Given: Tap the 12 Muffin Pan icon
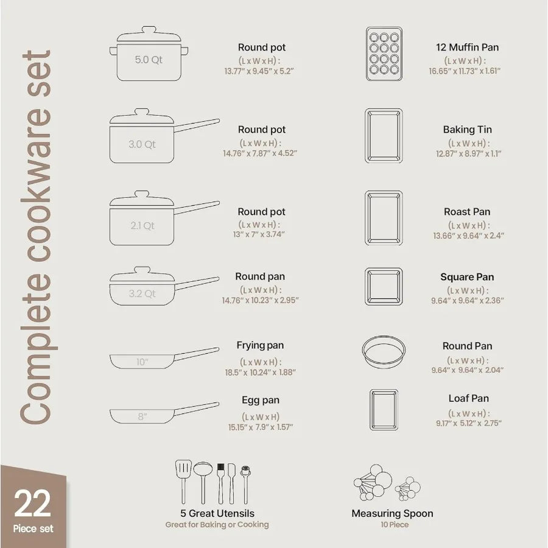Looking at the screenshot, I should pyautogui.click(x=384, y=54).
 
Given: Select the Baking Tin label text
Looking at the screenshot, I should pyautogui.click(x=467, y=130).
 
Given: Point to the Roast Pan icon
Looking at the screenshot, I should pyautogui.click(x=384, y=218).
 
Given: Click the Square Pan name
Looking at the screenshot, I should pyautogui.click(x=467, y=277).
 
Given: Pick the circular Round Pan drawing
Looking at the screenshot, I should pyautogui.click(x=384, y=351).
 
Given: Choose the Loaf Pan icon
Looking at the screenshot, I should pyautogui.click(x=384, y=410).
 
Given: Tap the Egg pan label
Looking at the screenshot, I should pyautogui.click(x=261, y=400).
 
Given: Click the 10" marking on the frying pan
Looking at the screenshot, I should pyautogui.click(x=142, y=362).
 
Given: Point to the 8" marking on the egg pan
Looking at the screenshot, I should pyautogui.click(x=142, y=417).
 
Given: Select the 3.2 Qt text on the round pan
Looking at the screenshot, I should pyautogui.click(x=142, y=294).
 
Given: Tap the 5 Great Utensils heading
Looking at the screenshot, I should pyautogui.click(x=217, y=513).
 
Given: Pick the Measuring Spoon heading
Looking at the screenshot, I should pyautogui.click(x=392, y=513).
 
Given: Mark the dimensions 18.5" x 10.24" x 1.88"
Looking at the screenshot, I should pyautogui.click(x=260, y=372).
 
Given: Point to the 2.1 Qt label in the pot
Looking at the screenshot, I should pyautogui.click(x=142, y=225).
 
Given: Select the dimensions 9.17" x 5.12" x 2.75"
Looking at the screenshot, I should pyautogui.click(x=468, y=423).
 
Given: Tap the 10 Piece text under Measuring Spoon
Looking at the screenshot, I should pyautogui.click(x=392, y=525).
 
